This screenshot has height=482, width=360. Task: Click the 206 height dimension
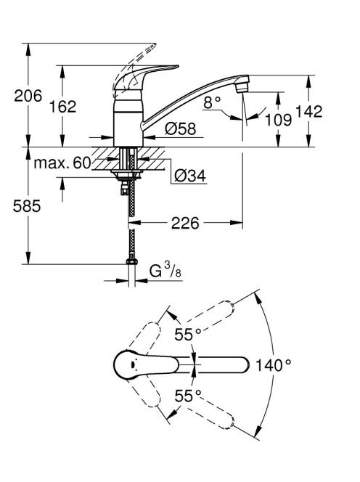tap(28, 96)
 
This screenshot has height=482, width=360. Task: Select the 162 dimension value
tap(62, 107)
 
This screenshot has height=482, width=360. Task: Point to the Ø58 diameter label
tap(181, 128)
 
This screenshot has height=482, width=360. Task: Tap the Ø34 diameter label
tap(190, 176)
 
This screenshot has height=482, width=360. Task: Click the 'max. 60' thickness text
tap(62, 163)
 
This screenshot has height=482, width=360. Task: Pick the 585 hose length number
tap(27, 205)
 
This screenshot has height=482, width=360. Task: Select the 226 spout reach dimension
tap(185, 223)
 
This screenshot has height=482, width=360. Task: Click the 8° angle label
tap(212, 102)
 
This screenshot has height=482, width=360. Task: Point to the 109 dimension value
tap(278, 119)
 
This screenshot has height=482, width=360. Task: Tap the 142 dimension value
tap(309, 111)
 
